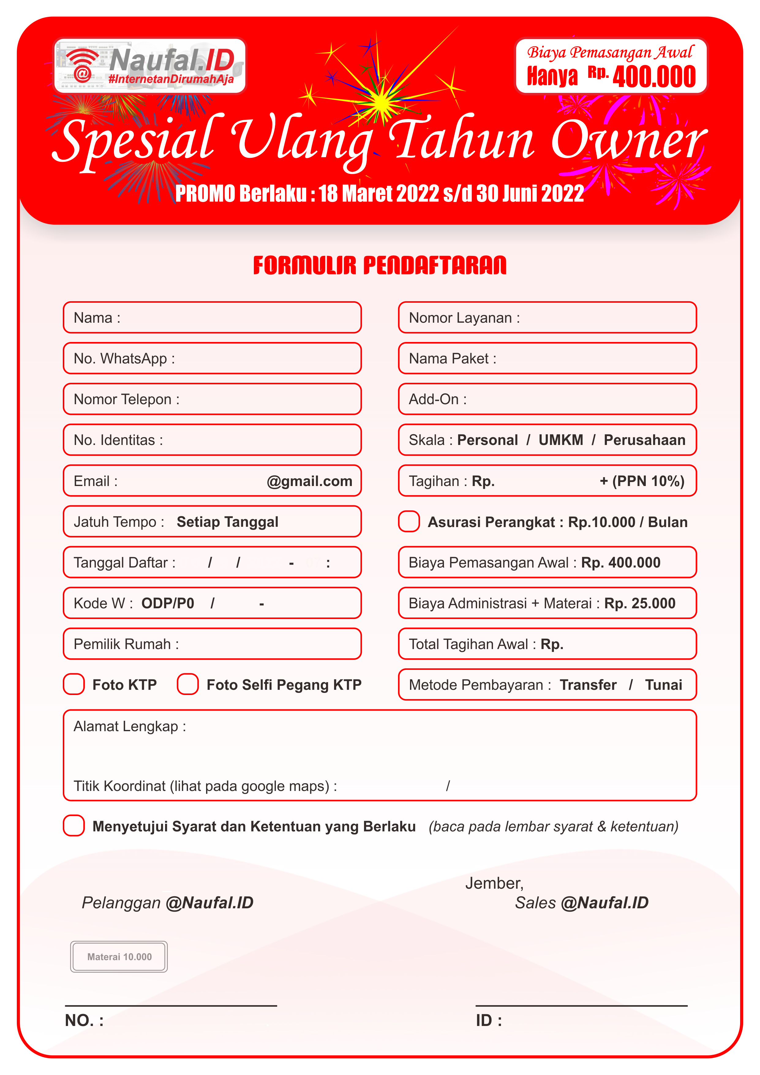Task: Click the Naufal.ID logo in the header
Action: point(150,66)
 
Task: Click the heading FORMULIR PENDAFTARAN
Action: point(379,265)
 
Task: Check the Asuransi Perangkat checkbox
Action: point(409,522)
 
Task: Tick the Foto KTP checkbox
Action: point(74,685)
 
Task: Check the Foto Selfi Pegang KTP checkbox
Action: point(188,685)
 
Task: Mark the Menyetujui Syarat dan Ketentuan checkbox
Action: point(74,826)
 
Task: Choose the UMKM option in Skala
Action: point(561,440)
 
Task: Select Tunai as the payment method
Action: point(663,685)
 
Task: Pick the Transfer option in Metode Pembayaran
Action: point(588,685)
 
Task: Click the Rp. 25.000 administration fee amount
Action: point(640,603)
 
